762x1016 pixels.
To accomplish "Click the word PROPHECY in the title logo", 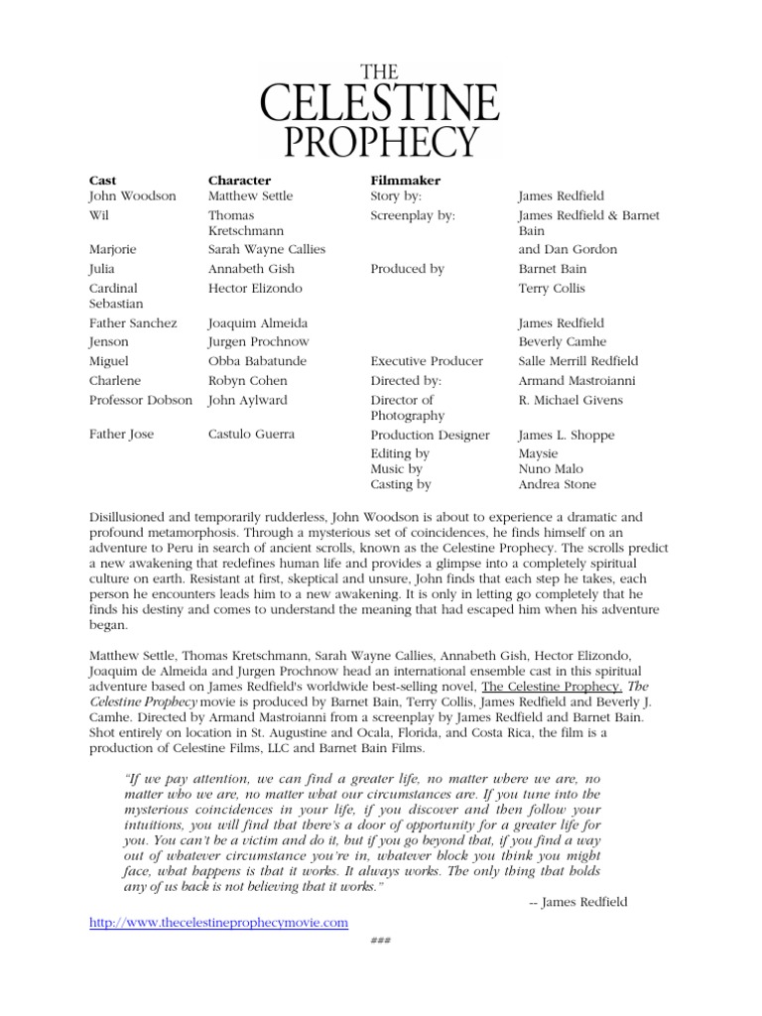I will point(380,139).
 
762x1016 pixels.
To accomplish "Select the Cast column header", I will point(102,181).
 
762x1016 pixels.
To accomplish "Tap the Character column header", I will point(239,181).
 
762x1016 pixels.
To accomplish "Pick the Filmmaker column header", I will point(405,181).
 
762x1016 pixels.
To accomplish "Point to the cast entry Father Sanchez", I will point(133,323).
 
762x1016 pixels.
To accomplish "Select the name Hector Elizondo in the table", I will point(255,289).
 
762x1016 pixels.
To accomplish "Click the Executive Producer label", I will point(427,361).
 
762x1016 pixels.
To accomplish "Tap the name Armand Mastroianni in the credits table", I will point(576,381).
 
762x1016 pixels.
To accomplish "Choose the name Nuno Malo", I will point(551,468).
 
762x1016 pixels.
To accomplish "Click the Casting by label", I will point(401,484).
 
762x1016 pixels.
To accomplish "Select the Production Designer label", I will point(430,436).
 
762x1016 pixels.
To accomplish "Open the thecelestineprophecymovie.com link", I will point(218,923).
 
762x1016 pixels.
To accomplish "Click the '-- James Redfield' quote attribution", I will point(578,902).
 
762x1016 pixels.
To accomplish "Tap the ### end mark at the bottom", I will point(380,941).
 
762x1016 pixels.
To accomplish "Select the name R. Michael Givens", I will point(571,401).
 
